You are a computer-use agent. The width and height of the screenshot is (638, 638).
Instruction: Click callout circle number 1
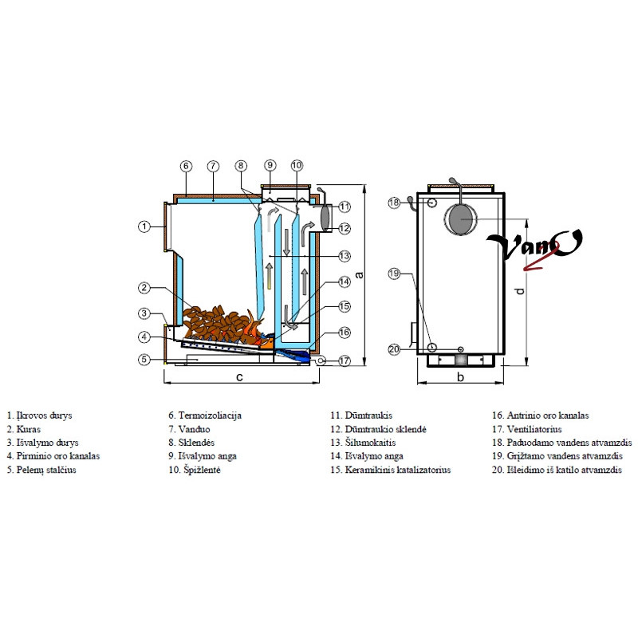tap(144, 226)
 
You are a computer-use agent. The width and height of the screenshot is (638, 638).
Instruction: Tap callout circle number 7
tap(213, 166)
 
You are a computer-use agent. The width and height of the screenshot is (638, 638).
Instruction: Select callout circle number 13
tap(344, 256)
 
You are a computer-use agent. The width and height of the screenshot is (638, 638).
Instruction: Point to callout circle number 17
tap(344, 360)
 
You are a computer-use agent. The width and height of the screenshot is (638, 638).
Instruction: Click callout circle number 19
tap(393, 274)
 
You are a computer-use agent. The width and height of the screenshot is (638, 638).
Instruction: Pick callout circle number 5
tap(144, 360)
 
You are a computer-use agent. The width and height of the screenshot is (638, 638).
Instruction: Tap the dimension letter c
tap(238, 376)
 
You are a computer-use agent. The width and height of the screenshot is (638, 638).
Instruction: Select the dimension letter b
tap(460, 376)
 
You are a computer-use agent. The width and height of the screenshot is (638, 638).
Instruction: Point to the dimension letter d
tap(520, 291)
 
